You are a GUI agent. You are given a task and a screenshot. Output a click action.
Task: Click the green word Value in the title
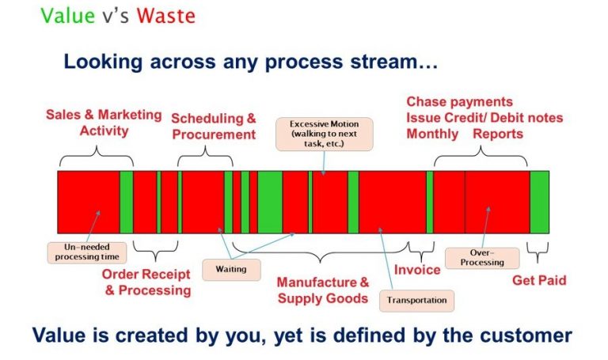coord(66,17)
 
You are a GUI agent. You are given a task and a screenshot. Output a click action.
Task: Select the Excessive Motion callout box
coord(323,133)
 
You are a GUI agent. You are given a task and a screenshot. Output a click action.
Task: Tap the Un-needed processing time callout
coord(86,252)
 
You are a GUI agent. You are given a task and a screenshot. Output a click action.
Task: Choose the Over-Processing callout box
coord(482,258)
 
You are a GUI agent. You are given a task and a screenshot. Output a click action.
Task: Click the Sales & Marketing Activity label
coord(104,123)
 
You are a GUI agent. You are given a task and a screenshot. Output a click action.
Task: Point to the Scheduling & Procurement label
coord(214,126)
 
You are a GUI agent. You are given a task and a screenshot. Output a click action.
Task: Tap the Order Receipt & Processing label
coord(147,282)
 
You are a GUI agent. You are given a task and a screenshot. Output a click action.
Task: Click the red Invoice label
coord(417,270)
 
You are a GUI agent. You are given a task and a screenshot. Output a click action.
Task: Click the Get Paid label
coord(539,280)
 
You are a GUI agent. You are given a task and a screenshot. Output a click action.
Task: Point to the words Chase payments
coord(459,102)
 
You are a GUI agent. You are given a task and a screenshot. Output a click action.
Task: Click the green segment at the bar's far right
coord(539,202)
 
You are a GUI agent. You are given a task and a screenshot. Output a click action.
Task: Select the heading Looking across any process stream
coord(251,61)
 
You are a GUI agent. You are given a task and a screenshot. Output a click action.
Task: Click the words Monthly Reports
coord(465,134)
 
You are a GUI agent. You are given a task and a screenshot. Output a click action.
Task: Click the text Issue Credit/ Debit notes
coord(484,118)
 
